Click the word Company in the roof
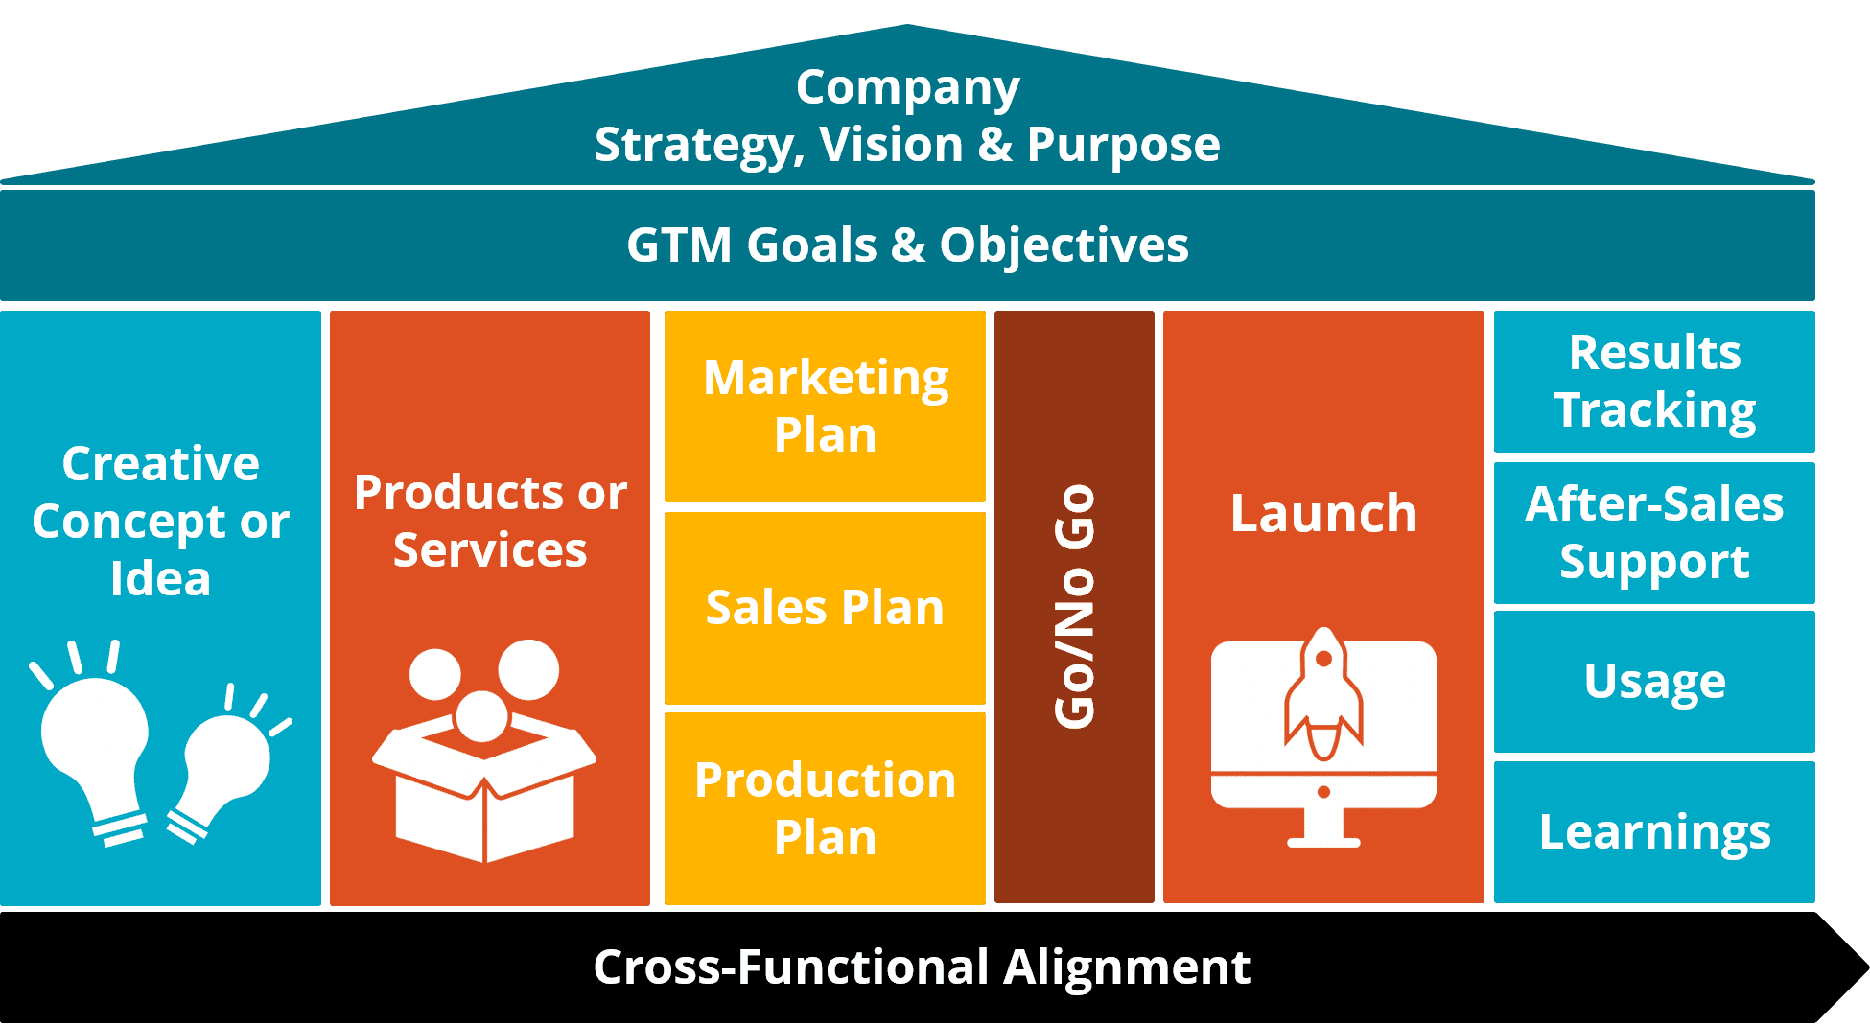(907, 88)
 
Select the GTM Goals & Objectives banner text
(907, 245)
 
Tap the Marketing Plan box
(825, 406)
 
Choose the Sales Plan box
(825, 608)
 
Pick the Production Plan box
(825, 808)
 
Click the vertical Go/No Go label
(1074, 606)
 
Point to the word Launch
(1323, 513)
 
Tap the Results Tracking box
(1654, 381)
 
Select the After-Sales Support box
(1654, 532)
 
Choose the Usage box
(1654, 682)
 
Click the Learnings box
(1654, 832)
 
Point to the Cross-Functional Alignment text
(921, 967)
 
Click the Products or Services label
(490, 521)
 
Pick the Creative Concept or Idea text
(160, 521)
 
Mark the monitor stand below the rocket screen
(1323, 827)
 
